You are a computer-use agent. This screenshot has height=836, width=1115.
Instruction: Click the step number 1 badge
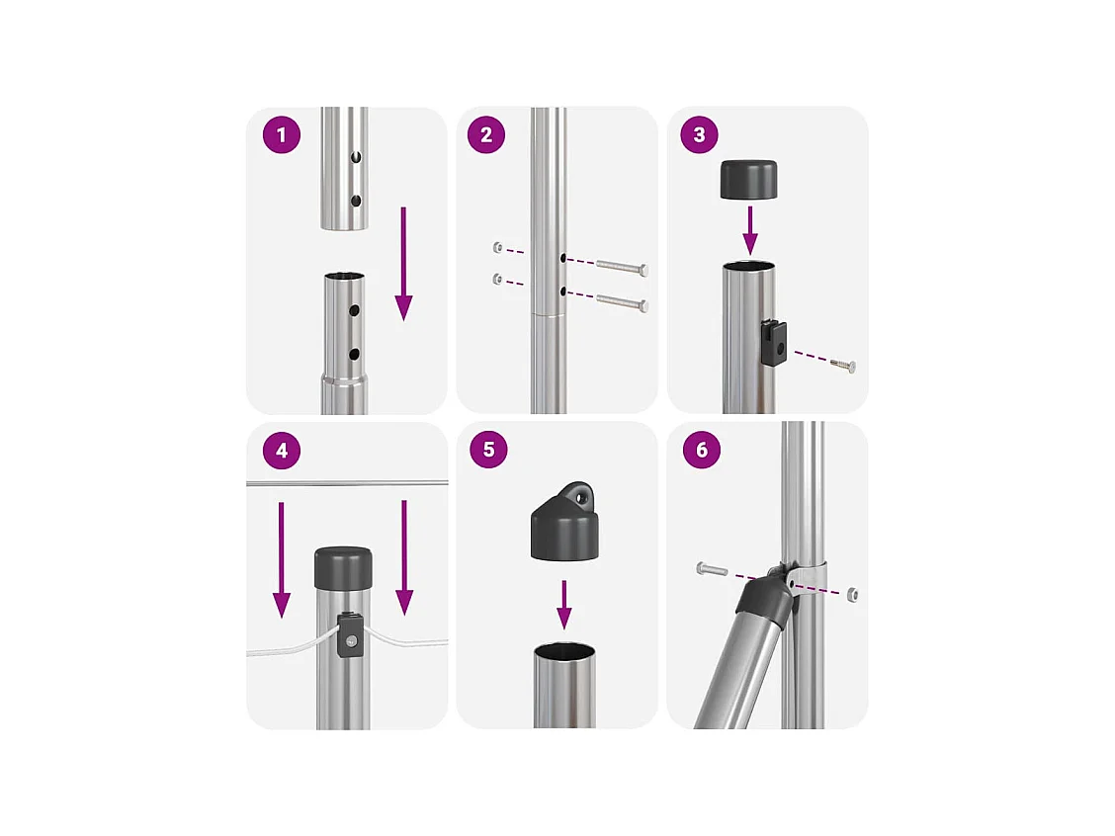[x=282, y=135]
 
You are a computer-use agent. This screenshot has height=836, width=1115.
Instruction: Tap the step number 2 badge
[x=486, y=135]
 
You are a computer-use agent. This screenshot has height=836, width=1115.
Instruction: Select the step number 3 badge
[x=699, y=135]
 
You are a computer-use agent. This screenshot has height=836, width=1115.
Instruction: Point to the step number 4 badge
[x=282, y=451]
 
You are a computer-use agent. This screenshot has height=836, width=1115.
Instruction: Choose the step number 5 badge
[x=488, y=450]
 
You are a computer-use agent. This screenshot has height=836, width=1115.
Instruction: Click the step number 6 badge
[x=702, y=450]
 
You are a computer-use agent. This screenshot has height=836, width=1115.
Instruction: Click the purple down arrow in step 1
[x=404, y=264]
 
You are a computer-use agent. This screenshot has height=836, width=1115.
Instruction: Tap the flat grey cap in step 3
[x=749, y=179]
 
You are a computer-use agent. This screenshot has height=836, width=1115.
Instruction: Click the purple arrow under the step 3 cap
[x=749, y=231]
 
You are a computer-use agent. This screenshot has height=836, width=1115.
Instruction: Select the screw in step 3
[x=842, y=365]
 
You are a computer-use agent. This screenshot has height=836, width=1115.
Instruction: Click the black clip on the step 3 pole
[x=772, y=343]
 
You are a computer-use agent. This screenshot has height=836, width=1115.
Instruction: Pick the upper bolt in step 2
[x=622, y=267]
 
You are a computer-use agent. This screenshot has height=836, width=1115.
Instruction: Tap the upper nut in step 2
[x=498, y=247]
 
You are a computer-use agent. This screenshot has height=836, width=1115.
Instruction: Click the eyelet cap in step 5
[x=565, y=521]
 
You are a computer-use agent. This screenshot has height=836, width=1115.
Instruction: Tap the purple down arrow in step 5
[x=564, y=605]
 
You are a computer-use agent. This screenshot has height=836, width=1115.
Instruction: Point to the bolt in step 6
[x=712, y=569]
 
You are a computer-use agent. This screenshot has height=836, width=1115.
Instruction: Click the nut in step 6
[x=853, y=594]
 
